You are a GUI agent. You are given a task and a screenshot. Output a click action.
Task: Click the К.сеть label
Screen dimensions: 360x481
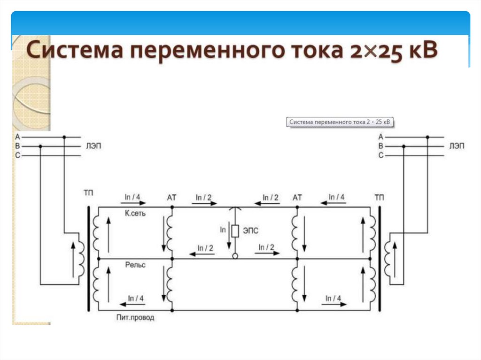tap(135, 214)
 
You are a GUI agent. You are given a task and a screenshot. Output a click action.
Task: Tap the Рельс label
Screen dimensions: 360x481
tap(135, 265)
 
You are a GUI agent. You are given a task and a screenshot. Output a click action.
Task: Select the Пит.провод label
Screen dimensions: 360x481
tap(135, 318)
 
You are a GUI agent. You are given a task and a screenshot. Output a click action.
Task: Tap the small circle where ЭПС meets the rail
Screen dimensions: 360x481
tap(235, 256)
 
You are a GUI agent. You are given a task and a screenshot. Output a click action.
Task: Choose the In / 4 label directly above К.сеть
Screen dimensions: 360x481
tap(133, 197)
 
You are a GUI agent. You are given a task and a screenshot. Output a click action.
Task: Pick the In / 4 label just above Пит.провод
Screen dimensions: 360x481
tap(136, 299)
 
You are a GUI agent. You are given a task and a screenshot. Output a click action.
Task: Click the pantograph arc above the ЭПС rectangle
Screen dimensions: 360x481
tap(235, 210)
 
